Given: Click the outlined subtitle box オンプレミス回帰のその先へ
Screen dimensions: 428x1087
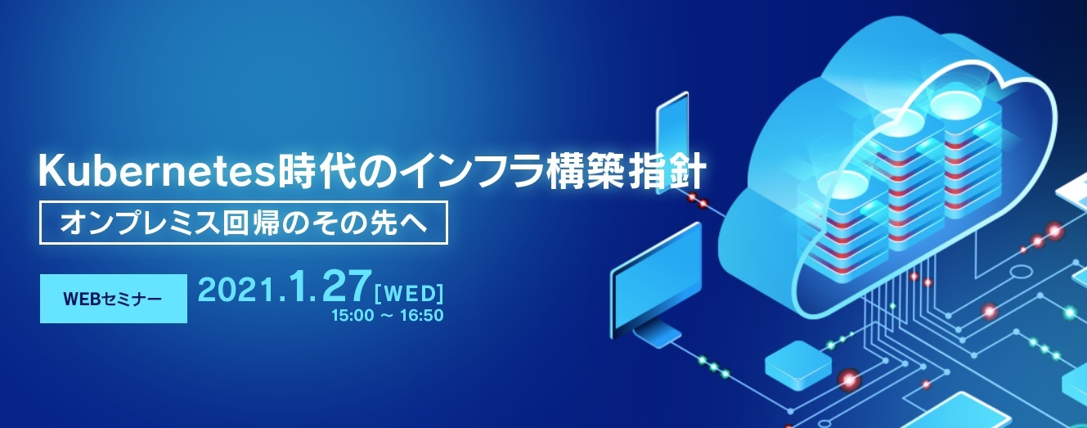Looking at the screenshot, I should (245, 222).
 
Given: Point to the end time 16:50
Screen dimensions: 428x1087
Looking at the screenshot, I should (421, 315).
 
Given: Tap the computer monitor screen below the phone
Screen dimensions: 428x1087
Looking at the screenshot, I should (655, 271).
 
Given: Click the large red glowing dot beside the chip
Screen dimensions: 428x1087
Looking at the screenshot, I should (848, 378).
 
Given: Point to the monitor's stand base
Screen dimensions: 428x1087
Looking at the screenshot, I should (659, 332).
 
